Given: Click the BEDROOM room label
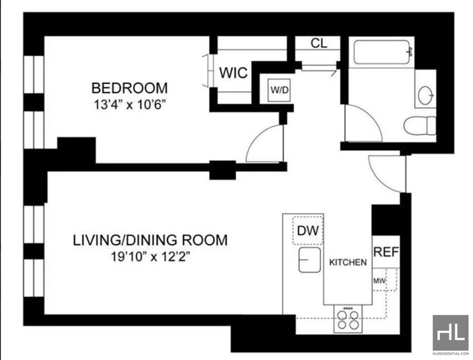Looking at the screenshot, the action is pyautogui.click(x=129, y=88).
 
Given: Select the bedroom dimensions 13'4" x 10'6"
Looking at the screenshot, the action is pyautogui.click(x=130, y=105).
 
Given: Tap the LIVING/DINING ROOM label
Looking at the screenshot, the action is pyautogui.click(x=150, y=240).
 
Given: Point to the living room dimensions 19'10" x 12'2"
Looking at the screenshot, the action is pyautogui.click(x=151, y=257).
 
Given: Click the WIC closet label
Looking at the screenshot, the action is pyautogui.click(x=234, y=73).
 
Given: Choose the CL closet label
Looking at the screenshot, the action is pyautogui.click(x=319, y=43).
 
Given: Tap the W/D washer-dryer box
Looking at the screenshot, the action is pyautogui.click(x=279, y=90).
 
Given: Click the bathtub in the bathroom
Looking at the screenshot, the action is pyautogui.click(x=381, y=52).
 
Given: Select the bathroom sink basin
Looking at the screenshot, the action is pyautogui.click(x=425, y=95).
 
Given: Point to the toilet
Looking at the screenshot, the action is pyautogui.click(x=420, y=125).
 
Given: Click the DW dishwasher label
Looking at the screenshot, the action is pyautogui.click(x=307, y=231).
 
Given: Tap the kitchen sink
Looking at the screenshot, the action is pyautogui.click(x=309, y=260).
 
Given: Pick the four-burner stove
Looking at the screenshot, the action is pyautogui.click(x=348, y=319).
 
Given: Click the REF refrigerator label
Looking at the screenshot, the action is pyautogui.click(x=386, y=251).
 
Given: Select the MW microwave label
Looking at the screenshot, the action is pyautogui.click(x=379, y=281).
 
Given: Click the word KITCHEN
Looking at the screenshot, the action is pyautogui.click(x=348, y=262).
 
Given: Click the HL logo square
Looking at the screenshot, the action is pyautogui.click(x=451, y=333).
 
